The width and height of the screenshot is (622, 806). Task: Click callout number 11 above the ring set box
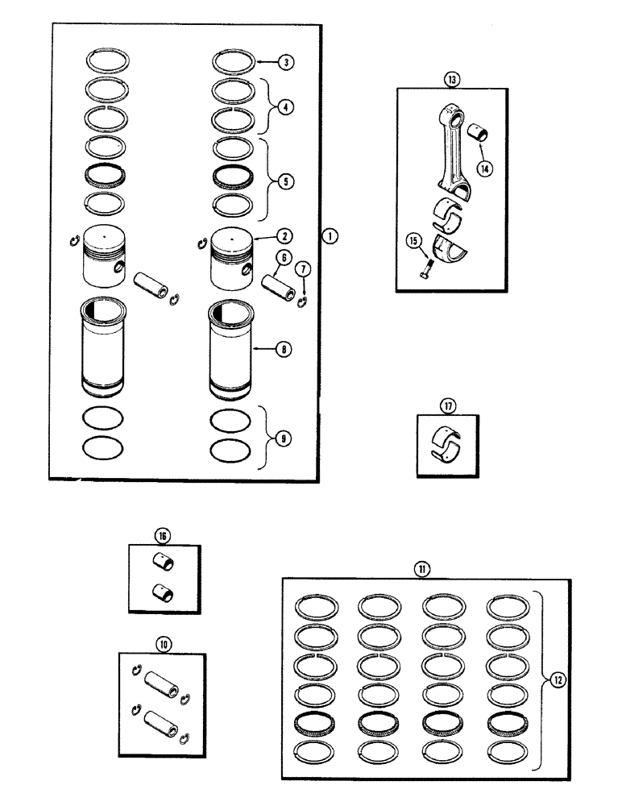click(x=421, y=568)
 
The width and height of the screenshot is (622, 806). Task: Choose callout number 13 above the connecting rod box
click(x=450, y=78)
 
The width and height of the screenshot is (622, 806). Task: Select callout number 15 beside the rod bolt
click(x=414, y=239)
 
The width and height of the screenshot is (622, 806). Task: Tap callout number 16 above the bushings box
click(x=164, y=535)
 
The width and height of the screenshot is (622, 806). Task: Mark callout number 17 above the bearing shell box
click(x=447, y=404)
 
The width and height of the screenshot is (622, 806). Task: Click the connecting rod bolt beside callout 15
click(x=427, y=268)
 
